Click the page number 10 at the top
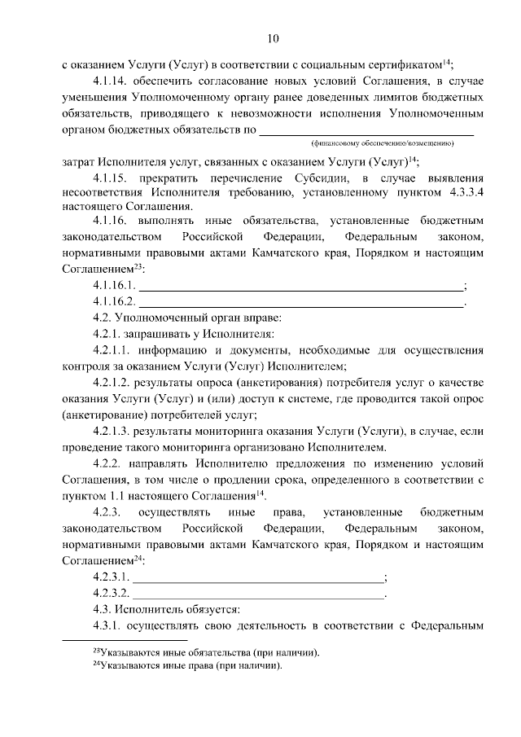[272, 37]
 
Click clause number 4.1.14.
[112, 81]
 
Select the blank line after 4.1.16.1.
[300, 286]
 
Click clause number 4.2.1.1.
[115, 350]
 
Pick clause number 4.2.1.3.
[115, 431]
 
